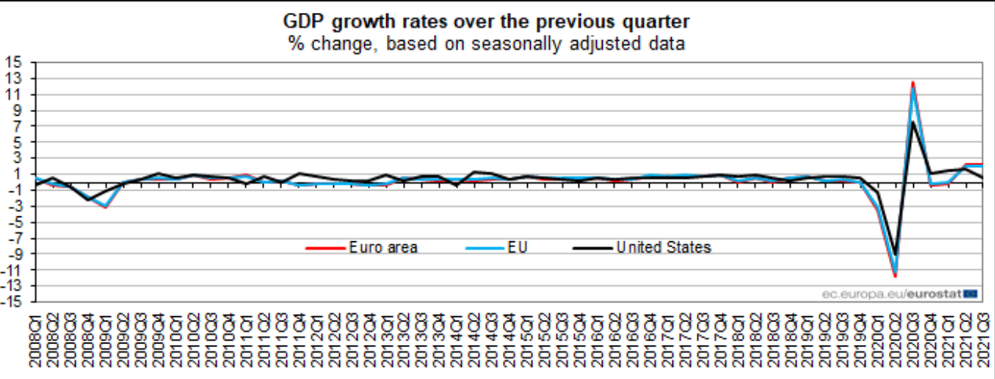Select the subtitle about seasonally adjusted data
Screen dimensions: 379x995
coord(497,43)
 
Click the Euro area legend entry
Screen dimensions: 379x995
coord(382,247)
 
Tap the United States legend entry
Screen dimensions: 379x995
coord(663,247)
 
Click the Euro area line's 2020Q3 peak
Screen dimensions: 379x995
coord(913,82)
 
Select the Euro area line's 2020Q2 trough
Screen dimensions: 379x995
coord(896,276)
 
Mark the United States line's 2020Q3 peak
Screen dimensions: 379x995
coord(913,122)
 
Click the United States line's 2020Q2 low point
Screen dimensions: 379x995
coord(896,255)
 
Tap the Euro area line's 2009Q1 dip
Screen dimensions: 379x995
coord(106,207)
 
